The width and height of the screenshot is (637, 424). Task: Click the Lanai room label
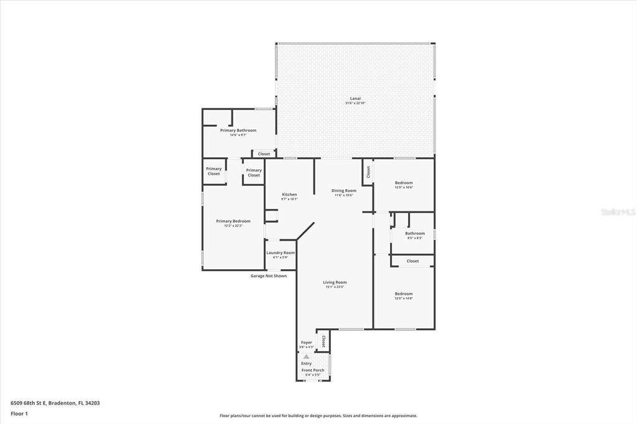point(355,99)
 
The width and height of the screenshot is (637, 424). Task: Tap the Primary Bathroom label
point(238,130)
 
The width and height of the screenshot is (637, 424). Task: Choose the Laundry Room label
point(280,252)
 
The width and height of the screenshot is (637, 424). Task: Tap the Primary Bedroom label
point(233,221)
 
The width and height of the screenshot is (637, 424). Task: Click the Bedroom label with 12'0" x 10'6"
point(404,183)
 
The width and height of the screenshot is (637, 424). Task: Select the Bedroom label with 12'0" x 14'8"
point(404,293)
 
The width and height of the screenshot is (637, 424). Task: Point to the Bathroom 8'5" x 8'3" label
point(415,234)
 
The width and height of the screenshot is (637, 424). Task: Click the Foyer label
point(306,342)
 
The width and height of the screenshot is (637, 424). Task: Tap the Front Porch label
point(313,371)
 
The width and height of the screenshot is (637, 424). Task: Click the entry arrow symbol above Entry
point(306,356)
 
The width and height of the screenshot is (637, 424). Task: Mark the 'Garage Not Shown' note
point(269,275)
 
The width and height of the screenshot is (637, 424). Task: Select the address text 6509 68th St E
point(55,403)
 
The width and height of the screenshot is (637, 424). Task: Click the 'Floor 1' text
point(19,413)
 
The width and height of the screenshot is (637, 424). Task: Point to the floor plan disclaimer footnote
point(318,416)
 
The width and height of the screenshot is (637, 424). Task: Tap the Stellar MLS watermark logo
point(617,211)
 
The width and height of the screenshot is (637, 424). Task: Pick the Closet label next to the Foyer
point(323,341)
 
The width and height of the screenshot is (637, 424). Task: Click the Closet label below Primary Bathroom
point(264,154)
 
